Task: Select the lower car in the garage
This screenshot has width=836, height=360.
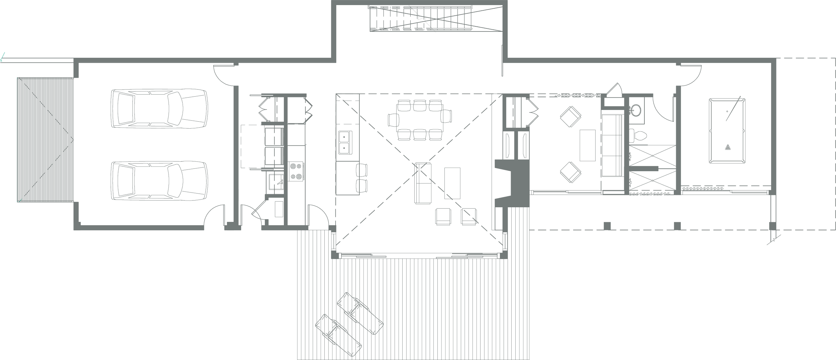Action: (159, 181)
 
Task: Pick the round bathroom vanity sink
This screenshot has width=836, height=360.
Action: (635, 110)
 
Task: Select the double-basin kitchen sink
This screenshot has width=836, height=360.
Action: (344, 142)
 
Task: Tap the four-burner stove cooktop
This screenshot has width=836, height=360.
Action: (296, 171)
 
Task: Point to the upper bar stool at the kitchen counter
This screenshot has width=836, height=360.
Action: (362, 169)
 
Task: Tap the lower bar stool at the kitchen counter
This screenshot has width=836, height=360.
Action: (362, 186)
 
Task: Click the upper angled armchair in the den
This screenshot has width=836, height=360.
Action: (570, 116)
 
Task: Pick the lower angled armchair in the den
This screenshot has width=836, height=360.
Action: (570, 172)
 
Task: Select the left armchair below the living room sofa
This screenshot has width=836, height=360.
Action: (443, 216)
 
